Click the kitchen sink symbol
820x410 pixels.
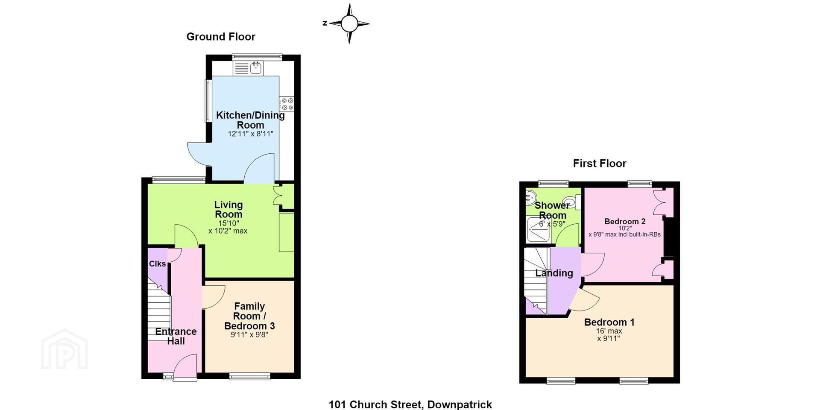click(x=249, y=67)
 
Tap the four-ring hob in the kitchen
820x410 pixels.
click(x=287, y=103)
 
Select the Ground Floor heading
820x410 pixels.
click(x=221, y=37)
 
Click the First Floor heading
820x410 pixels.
click(x=600, y=163)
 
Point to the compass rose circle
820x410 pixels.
click(x=349, y=23)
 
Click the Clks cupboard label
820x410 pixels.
click(x=157, y=264)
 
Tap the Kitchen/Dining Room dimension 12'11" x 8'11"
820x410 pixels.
click(x=250, y=134)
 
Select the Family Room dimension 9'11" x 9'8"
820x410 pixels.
click(x=249, y=335)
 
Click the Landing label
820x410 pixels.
click(x=554, y=273)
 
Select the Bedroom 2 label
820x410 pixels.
click(x=625, y=221)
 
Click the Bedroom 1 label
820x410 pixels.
click(x=609, y=322)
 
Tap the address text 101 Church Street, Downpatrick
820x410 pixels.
click(x=410, y=404)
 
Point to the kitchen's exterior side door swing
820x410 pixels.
click(x=197, y=154)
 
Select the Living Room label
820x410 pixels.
click(x=228, y=209)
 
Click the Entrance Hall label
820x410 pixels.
click(x=176, y=336)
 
